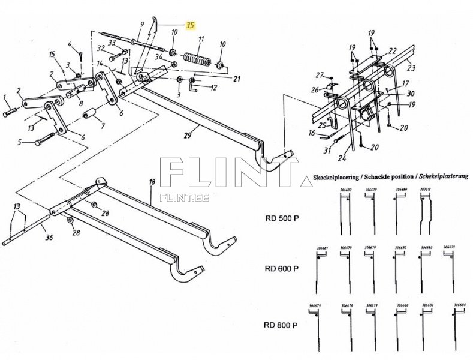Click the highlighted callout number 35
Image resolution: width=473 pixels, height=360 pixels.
click(190, 25)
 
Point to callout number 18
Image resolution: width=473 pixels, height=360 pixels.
click(152, 181)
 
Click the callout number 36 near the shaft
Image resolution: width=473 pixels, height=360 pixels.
click(49, 238)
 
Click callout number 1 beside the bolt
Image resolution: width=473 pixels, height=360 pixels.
click(4, 96)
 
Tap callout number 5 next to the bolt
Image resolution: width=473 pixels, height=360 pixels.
click(19, 142)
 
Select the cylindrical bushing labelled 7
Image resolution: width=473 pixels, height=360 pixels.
click(92, 115)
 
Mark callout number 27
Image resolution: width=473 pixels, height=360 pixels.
click(320, 76)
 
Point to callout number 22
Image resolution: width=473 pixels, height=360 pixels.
click(392, 50)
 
